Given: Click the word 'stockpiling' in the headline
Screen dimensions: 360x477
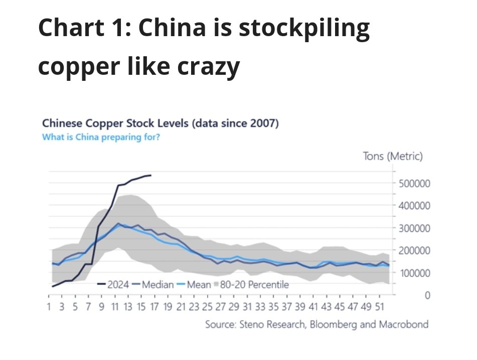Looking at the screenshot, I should [x=304, y=30].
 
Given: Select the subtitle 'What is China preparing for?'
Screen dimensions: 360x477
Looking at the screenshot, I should [x=101, y=137].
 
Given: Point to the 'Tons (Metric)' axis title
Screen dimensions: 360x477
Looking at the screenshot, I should [x=393, y=156].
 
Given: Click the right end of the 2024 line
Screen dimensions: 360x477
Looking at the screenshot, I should [x=151, y=175].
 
